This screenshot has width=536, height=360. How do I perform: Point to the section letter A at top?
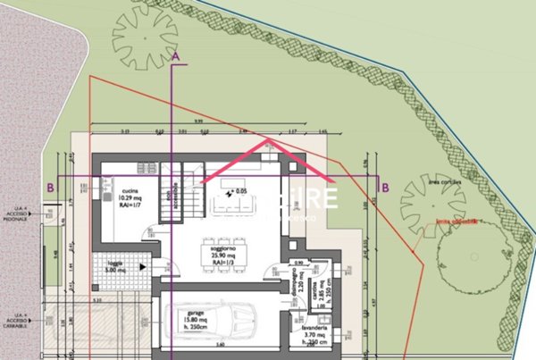176,55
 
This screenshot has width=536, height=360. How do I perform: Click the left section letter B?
51,188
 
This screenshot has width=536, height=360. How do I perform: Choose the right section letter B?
384,188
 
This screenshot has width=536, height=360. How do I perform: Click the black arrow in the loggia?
144,266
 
